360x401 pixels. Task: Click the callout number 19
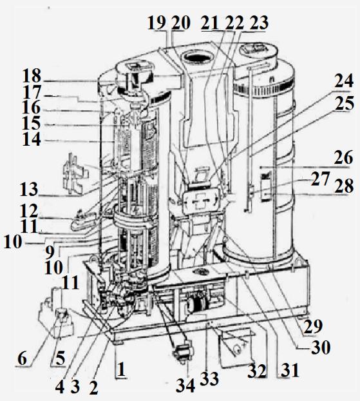pos(157,23)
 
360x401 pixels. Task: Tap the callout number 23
pos(259,23)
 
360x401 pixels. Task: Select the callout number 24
pos(344,81)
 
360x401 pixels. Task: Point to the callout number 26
pos(343,157)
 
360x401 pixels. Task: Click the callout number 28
pos(344,186)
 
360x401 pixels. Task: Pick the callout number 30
pos(321,347)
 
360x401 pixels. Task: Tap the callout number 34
pos(185,385)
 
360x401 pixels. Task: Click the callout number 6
pos(23,358)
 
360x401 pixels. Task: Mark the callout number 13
pos(28,190)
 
